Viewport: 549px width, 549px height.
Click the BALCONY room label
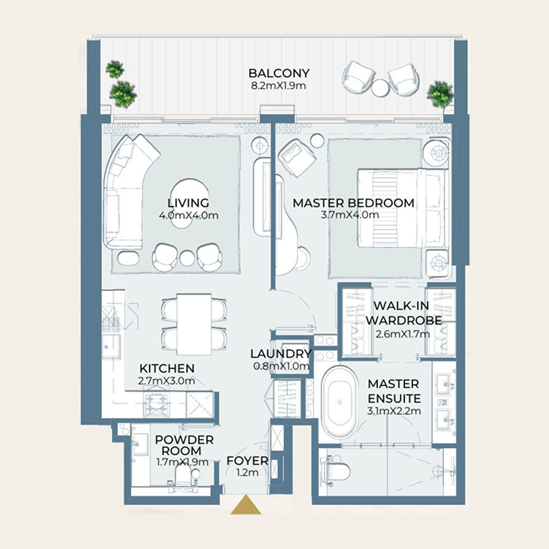coord(279,73)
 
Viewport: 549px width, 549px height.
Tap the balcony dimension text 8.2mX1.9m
coord(279,86)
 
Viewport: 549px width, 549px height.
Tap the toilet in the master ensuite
coord(337,471)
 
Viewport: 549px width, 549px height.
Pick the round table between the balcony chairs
coord(380,86)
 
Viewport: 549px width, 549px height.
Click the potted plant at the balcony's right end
coord(440,95)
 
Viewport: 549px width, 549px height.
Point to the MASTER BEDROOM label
coord(353,203)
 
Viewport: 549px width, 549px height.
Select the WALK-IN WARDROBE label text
coord(403,313)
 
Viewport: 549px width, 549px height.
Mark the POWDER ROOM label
coord(184,445)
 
